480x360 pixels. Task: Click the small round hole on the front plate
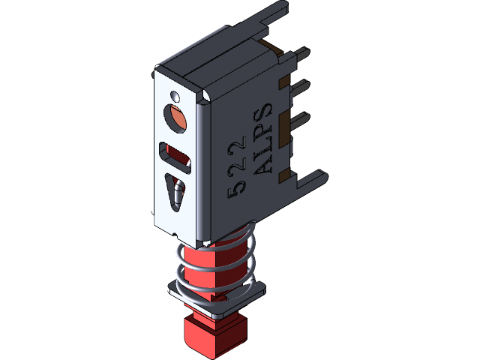pos(175,96)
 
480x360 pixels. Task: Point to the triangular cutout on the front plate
pos(177,193)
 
